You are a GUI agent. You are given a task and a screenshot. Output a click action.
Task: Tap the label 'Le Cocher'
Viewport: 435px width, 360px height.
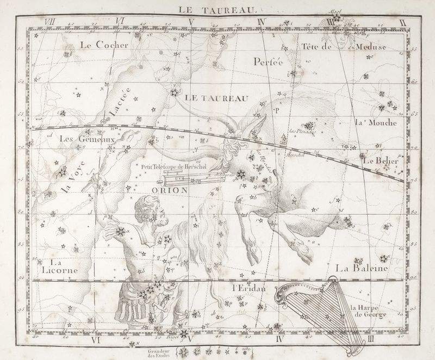(103, 46)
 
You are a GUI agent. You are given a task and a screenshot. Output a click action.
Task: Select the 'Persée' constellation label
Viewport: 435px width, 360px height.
(269, 61)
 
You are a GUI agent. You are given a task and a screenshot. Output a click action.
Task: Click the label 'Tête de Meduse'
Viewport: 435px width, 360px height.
(343, 47)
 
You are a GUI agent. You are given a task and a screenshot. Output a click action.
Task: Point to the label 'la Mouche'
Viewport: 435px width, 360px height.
(376, 122)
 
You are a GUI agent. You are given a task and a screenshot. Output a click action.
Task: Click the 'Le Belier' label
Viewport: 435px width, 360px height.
(381, 162)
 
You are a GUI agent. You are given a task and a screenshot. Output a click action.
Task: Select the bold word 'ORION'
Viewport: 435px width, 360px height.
(169, 190)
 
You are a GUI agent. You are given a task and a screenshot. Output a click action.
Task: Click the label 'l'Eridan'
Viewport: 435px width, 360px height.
(247, 288)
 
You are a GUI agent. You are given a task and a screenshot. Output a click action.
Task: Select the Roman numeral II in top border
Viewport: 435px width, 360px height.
(402, 21)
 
